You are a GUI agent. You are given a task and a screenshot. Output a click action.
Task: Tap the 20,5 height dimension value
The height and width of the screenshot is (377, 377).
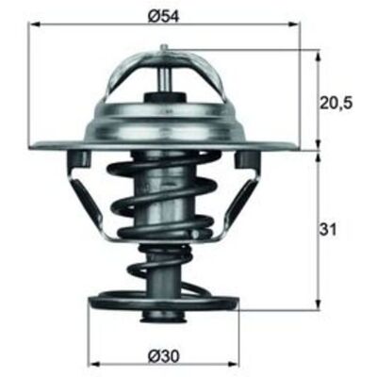pyautogui.click(x=336, y=102)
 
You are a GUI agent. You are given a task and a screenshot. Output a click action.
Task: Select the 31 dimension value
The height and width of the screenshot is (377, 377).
pyautogui.click(x=328, y=230)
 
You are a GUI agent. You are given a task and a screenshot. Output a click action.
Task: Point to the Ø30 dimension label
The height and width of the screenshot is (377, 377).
pyautogui.click(x=163, y=355)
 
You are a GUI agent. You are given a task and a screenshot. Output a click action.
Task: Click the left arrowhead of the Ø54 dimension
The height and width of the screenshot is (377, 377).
pyautogui.click(x=35, y=25)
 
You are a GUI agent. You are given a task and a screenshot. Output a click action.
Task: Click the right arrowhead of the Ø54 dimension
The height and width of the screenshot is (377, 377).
pyautogui.click(x=294, y=25)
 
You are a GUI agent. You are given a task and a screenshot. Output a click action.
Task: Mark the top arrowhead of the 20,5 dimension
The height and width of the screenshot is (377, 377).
pyautogui.click(x=319, y=56)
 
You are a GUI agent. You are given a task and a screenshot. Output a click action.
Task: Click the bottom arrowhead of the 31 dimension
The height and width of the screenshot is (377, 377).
pyautogui.click(x=319, y=304)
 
